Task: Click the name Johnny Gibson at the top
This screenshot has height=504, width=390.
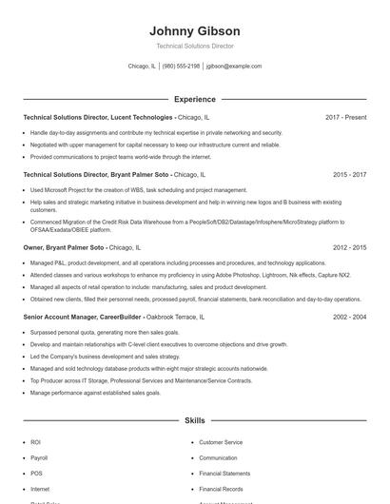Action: (x=194, y=30)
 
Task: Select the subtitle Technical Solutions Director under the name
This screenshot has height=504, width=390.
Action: (x=194, y=46)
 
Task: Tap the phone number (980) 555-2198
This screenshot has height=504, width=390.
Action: (x=181, y=67)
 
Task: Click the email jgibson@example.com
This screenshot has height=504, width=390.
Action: (x=234, y=67)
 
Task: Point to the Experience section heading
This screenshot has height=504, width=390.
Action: (x=194, y=99)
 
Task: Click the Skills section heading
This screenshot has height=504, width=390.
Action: (x=194, y=419)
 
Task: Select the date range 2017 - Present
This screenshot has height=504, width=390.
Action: (x=345, y=117)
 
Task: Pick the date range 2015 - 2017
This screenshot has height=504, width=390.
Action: (x=349, y=175)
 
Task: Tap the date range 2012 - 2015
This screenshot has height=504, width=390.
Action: (x=349, y=247)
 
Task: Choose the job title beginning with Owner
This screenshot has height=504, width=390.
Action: (x=81, y=247)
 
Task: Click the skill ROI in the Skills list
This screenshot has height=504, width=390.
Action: (x=35, y=442)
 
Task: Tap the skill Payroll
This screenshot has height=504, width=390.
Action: (x=39, y=457)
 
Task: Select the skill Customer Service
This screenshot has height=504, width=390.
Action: (x=221, y=442)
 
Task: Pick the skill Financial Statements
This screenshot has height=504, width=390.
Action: (x=224, y=473)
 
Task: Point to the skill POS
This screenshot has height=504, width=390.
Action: (x=36, y=473)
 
